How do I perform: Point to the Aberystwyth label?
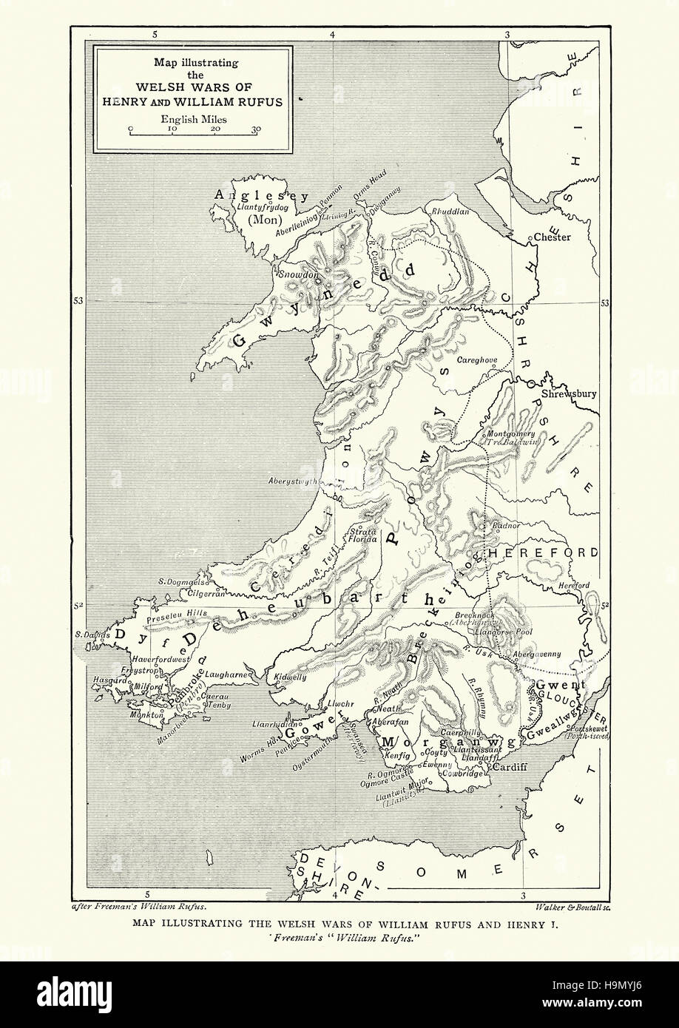[x=292, y=481]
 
